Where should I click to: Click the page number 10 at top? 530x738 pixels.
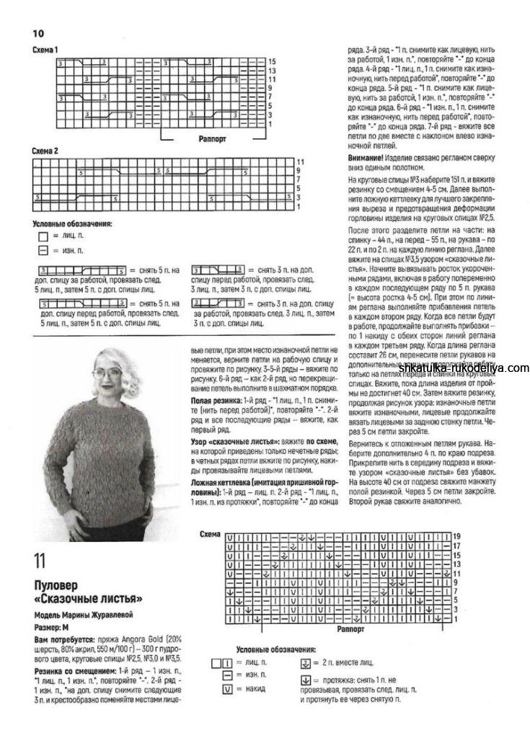[x=38, y=33]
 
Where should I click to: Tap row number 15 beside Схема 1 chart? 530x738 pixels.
[x=272, y=62]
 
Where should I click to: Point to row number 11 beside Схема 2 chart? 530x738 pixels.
[x=299, y=161]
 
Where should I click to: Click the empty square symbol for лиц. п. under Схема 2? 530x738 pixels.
[x=43, y=236]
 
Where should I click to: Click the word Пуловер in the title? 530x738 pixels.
[x=56, y=584]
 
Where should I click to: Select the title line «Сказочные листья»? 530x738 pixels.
[x=89, y=598]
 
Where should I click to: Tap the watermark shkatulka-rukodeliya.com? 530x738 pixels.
[x=464, y=368]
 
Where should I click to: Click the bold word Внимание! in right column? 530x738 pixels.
[x=371, y=157]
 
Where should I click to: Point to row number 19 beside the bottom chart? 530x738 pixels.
[x=456, y=536]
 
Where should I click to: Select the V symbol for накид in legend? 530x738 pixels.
[x=228, y=689]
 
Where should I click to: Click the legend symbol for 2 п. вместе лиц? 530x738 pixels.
[x=305, y=662]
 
